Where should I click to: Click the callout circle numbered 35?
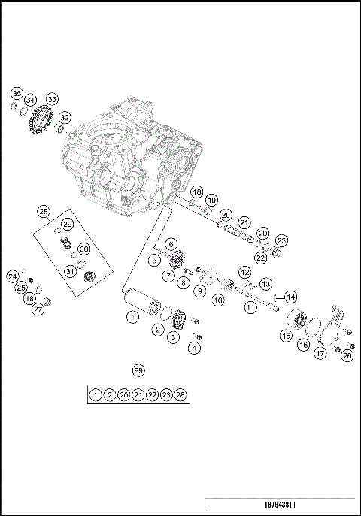point(17,93)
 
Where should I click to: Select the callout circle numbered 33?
point(52,99)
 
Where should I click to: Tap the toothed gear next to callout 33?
point(41,121)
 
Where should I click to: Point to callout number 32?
point(65,117)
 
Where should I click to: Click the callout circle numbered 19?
point(212,201)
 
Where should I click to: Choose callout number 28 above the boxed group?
point(44,213)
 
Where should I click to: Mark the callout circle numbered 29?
point(67,225)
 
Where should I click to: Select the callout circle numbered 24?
point(13,276)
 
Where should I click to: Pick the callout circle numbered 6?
point(171,244)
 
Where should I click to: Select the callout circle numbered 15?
point(286,336)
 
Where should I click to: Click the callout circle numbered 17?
point(320,352)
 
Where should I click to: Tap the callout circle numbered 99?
point(138,370)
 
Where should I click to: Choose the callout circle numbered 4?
point(196,347)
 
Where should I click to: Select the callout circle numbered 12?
point(245,271)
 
